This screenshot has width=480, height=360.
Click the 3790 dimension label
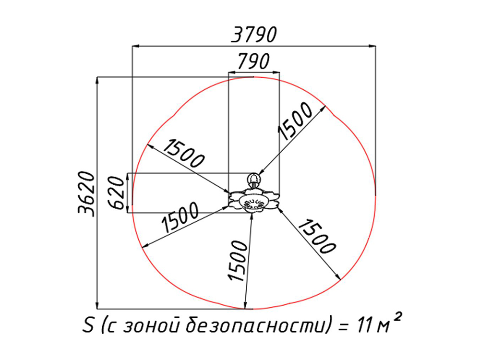coord(254,35)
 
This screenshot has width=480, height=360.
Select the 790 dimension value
coord(254,61)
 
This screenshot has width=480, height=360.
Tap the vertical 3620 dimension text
coord(86,194)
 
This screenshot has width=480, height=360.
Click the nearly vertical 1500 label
coord(238,261)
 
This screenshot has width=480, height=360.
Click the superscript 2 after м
coord(397,317)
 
